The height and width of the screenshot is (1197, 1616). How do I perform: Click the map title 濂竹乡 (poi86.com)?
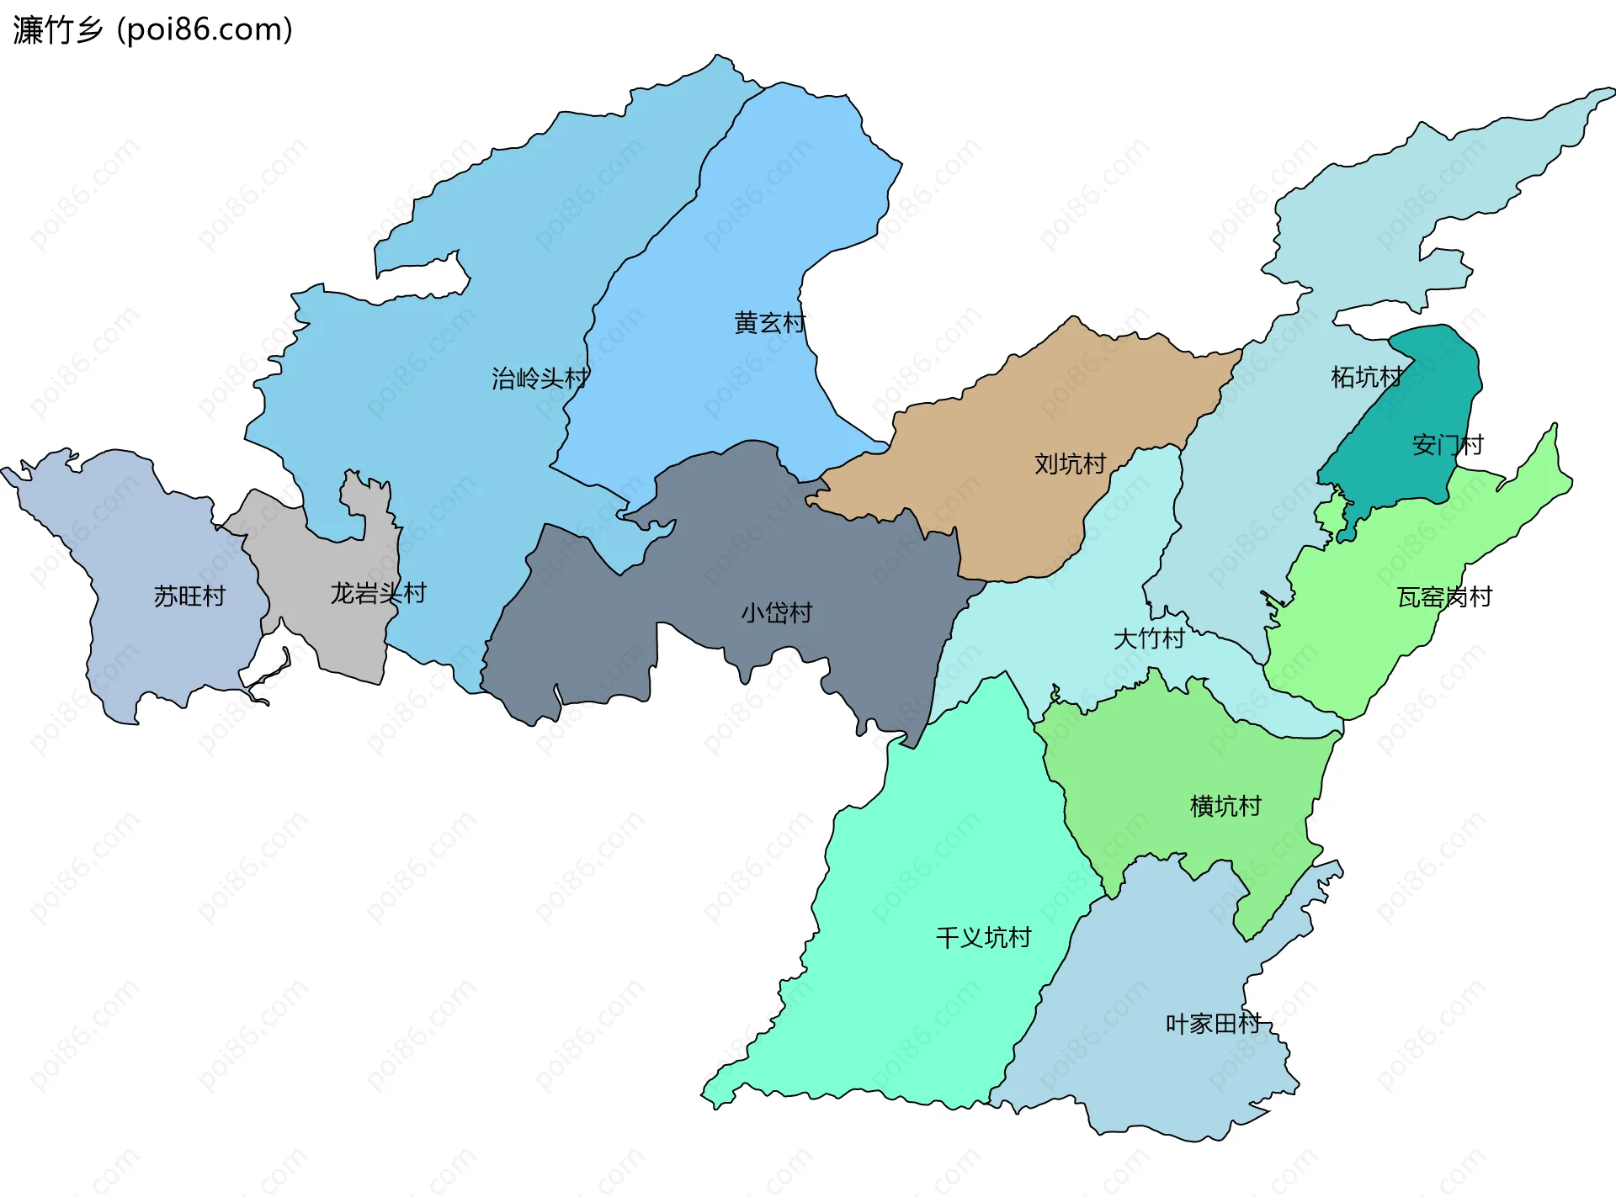[152, 29]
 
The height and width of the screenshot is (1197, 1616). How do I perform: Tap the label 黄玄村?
[769, 323]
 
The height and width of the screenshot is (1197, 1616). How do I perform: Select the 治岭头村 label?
[540, 379]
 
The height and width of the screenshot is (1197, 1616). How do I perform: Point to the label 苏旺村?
[189, 596]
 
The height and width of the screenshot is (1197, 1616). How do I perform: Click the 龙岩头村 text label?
[378, 594]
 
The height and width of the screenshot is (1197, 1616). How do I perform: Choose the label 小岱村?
[776, 612]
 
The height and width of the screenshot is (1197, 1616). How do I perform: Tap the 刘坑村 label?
[1070, 463]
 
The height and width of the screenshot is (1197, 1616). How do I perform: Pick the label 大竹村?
[1149, 638]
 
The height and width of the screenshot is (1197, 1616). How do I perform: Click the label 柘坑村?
[1366, 377]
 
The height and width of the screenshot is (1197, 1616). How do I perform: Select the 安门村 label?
[1447, 445]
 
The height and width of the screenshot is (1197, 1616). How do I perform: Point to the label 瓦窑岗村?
[1444, 597]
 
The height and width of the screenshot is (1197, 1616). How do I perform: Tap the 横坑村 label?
[1225, 807]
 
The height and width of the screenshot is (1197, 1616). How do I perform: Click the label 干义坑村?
[983, 937]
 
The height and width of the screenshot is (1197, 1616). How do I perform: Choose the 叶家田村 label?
[1213, 1024]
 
